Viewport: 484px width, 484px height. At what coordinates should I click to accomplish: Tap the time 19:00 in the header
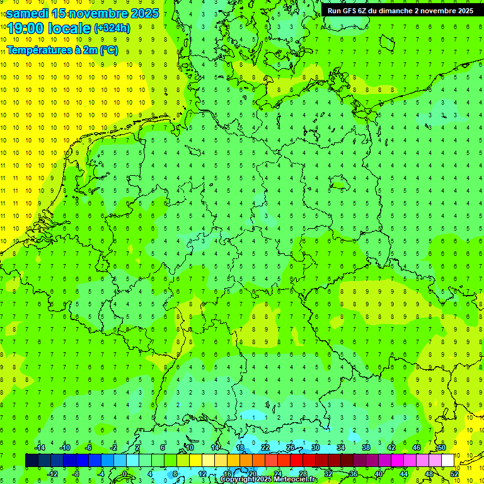tap(26, 28)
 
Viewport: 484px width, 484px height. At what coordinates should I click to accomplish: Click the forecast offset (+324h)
tap(112, 28)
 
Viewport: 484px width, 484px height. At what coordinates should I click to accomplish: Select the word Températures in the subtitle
tap(40, 50)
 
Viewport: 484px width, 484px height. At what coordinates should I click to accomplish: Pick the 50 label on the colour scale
tap(442, 447)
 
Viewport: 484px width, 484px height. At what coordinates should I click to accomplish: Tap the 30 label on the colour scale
tap(315, 447)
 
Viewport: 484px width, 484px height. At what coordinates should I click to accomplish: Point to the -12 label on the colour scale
tap(52, 473)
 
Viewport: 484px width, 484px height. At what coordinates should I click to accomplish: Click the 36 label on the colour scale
tap(354, 473)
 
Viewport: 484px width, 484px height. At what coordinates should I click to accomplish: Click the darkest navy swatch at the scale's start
tap(32, 461)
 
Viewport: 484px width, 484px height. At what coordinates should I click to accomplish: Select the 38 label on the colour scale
tap(366, 447)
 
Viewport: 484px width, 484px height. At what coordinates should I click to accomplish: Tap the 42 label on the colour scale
tap(391, 447)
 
